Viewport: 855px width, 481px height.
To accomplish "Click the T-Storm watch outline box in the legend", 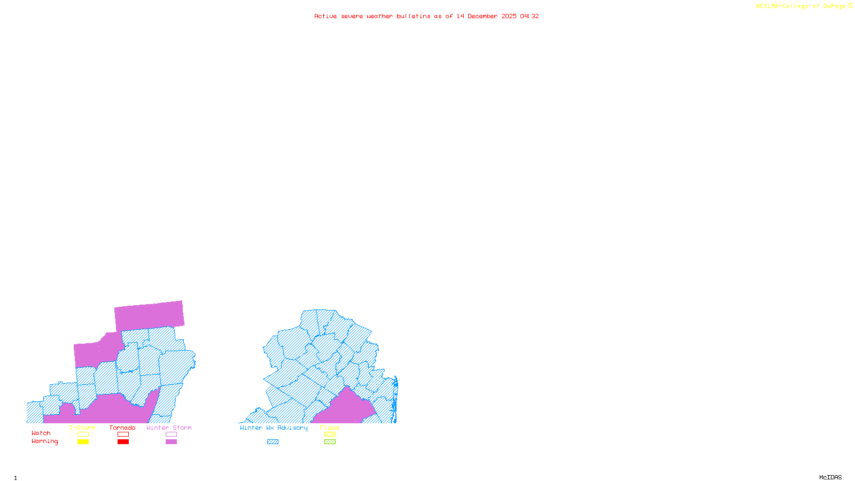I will (x=83, y=435).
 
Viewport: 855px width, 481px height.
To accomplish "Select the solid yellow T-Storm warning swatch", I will (x=83, y=442).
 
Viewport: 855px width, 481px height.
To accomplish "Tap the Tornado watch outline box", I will (x=123, y=435).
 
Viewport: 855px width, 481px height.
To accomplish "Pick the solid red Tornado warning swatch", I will (x=123, y=442).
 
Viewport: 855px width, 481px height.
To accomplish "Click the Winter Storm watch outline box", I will (x=171, y=435).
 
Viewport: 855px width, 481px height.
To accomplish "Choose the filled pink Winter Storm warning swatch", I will (x=171, y=442).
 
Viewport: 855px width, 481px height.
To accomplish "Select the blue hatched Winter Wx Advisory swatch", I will (x=273, y=442).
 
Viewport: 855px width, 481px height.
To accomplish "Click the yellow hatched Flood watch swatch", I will (x=330, y=435).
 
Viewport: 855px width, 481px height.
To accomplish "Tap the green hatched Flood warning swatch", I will (x=330, y=442).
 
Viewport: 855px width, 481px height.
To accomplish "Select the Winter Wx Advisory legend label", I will (x=274, y=428).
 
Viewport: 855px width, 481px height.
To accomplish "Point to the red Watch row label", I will (x=41, y=433).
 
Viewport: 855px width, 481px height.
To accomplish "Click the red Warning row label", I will (x=44, y=441).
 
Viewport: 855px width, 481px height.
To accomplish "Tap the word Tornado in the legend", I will (x=122, y=428).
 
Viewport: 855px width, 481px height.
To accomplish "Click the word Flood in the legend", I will (x=330, y=428).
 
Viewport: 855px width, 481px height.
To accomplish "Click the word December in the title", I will (x=483, y=16).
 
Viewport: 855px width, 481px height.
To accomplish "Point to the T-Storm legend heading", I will (x=82, y=428).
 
